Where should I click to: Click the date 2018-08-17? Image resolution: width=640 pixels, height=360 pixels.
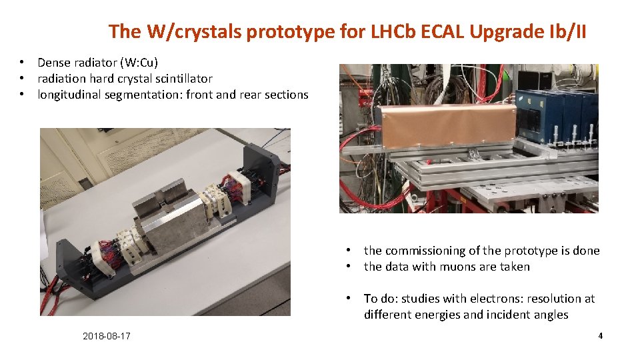coord(107,336)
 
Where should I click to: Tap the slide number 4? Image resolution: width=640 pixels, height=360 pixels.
coord(600,336)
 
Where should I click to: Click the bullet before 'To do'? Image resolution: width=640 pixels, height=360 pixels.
coord(348,299)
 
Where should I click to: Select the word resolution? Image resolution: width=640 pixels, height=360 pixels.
coord(555,299)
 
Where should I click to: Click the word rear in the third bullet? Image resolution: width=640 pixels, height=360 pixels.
coord(253,95)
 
